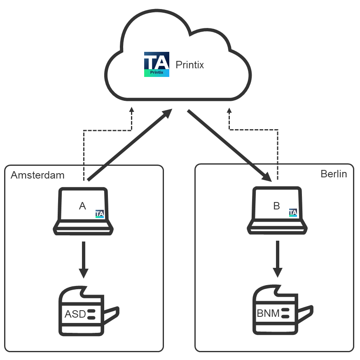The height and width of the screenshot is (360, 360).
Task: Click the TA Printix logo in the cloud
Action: click(157, 65)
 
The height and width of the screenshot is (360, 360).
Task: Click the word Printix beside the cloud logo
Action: click(189, 65)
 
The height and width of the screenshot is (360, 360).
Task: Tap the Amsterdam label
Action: click(37, 175)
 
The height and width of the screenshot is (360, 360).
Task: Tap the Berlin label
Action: click(334, 174)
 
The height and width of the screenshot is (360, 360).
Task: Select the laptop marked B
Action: click(277, 211)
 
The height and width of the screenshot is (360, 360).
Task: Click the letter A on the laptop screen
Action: click(82, 206)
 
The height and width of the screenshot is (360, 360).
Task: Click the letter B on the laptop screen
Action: click(276, 206)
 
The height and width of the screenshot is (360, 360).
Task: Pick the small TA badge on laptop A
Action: click(100, 214)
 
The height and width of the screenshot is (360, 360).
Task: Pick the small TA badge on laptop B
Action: click(293, 213)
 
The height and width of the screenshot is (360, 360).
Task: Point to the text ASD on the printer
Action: click(75, 315)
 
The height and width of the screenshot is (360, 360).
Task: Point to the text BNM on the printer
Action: click(268, 314)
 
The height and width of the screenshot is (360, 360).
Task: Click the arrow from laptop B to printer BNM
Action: click(278, 259)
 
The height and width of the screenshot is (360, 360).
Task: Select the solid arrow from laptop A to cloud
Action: click(130, 145)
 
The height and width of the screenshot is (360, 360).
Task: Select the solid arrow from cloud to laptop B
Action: click(229, 145)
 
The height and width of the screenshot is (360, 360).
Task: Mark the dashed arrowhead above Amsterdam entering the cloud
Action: click(131, 110)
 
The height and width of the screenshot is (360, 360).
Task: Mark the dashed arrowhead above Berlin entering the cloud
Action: click(229, 110)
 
